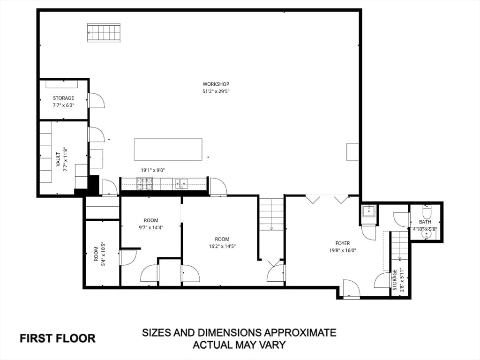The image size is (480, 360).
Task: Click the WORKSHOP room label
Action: (216, 84)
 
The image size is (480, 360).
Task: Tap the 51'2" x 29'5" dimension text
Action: (216, 91)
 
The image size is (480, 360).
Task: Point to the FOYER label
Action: (343, 243)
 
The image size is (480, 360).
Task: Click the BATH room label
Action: (425, 222)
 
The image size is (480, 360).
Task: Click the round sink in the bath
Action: (426, 234)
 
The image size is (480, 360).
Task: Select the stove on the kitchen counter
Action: (144, 183)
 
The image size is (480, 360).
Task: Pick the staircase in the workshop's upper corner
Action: (104, 32)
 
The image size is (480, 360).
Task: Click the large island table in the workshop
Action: (168, 150)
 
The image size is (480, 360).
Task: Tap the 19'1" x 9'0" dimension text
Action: (153, 170)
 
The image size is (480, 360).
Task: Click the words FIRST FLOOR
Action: (58, 338)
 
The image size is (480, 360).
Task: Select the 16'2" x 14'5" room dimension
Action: (222, 246)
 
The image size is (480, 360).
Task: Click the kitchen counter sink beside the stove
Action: (181, 183)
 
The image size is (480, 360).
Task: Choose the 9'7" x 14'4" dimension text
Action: (151, 227)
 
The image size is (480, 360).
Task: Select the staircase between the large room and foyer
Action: (271, 214)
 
